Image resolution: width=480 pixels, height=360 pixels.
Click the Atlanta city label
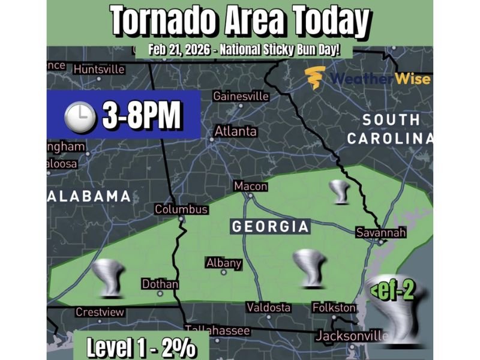click(x=236, y=131)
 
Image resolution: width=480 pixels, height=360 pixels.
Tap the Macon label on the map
click(x=250, y=186)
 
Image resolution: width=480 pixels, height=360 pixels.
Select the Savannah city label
click(x=380, y=232)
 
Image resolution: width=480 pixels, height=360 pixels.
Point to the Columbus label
click(x=181, y=209)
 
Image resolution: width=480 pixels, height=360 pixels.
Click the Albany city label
click(x=223, y=263)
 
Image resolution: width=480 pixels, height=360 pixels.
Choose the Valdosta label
click(x=269, y=307)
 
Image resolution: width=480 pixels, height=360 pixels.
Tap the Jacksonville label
click(x=352, y=335)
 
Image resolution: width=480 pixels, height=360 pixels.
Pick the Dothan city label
click(x=160, y=284)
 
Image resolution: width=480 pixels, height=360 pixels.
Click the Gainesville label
click(x=241, y=96)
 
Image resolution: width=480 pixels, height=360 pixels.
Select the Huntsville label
click(x=99, y=69)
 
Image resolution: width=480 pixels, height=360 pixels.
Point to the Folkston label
click(x=334, y=307)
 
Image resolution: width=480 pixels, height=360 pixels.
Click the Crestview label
click(x=100, y=312)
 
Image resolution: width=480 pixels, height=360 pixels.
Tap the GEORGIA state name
click(x=270, y=227)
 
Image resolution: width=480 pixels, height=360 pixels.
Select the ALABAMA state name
click(x=89, y=196)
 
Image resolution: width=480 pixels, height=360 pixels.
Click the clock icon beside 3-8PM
click(x=80, y=116)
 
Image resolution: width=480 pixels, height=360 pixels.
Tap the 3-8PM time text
click(x=141, y=116)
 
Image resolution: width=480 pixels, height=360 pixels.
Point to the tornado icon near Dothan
click(x=108, y=278)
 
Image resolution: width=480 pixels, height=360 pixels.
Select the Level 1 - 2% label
click(x=139, y=347)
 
